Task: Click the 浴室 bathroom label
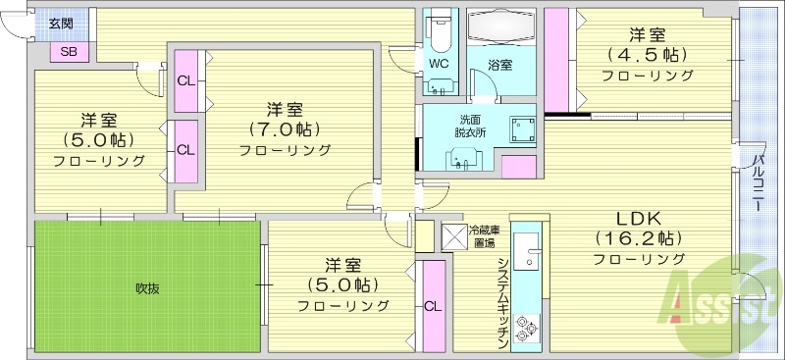499,65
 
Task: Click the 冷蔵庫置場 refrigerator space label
483,235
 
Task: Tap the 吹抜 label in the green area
148,287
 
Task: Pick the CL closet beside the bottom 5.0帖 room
432,306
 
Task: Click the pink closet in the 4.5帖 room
556,59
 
